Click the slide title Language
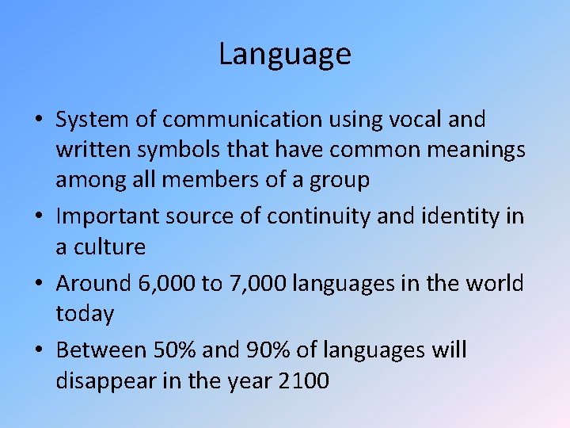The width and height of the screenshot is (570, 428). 285,55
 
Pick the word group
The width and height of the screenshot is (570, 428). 336,181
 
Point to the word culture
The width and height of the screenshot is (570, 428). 110,246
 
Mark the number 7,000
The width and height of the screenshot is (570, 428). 257,283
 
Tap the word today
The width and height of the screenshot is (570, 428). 85,314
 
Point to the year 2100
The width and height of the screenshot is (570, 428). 303,380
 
